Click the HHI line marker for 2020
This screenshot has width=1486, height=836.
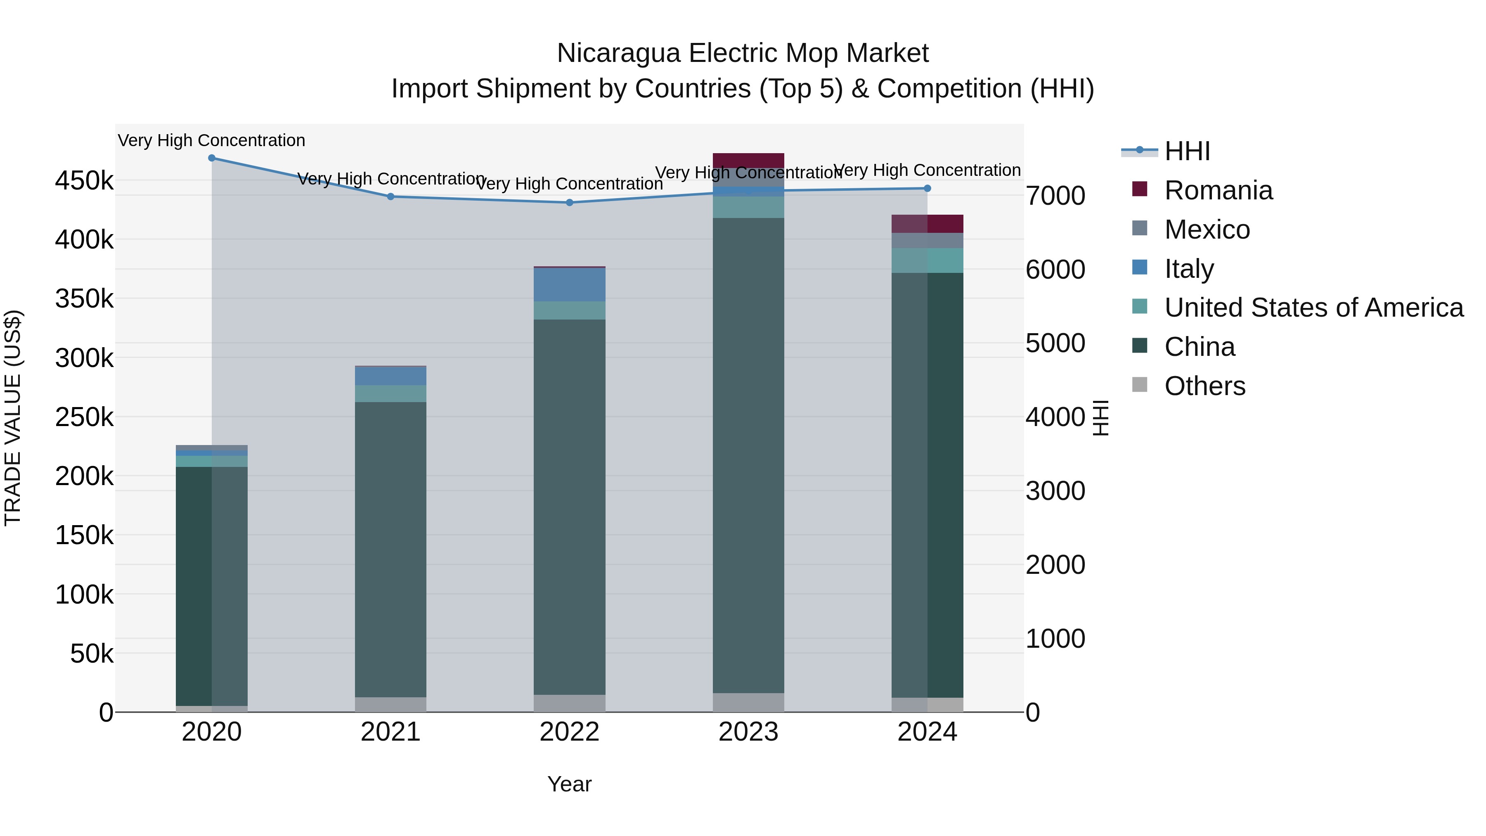(212, 158)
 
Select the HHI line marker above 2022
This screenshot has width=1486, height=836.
(569, 203)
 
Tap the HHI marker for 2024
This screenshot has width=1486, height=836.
(927, 188)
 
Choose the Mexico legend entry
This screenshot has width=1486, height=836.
(1207, 230)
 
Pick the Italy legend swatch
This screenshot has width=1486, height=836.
(1140, 268)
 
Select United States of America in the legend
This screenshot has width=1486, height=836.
(1313, 308)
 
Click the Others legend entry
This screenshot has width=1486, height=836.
(1204, 386)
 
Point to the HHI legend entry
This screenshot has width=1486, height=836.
(1187, 151)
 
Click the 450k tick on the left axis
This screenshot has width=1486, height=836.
(84, 180)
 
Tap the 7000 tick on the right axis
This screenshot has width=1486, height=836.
(1055, 196)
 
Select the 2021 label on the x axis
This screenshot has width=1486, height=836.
(390, 732)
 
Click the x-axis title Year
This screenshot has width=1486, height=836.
(569, 784)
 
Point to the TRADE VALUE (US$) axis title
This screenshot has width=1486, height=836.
(13, 418)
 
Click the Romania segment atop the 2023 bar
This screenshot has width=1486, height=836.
(748, 161)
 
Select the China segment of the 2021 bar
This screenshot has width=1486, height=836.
(390, 548)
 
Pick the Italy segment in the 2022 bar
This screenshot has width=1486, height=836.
(569, 284)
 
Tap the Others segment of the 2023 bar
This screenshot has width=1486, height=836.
(748, 702)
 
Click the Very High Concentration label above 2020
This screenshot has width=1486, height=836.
(212, 140)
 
